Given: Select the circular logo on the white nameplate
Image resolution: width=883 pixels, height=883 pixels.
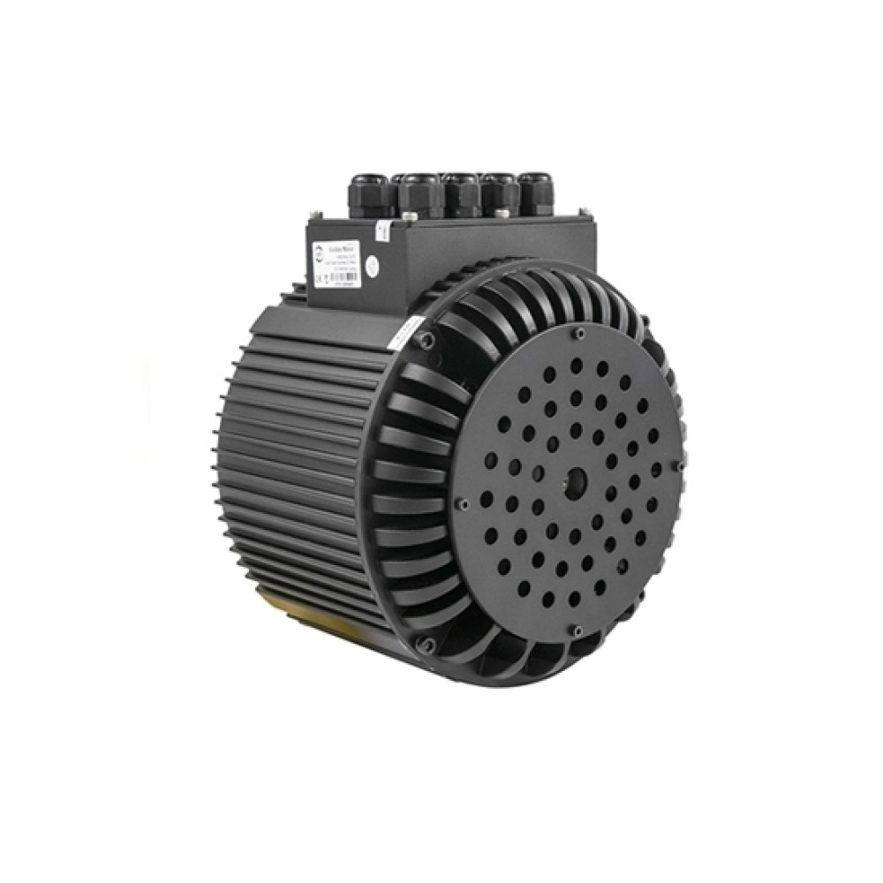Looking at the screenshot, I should tap(321, 255).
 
